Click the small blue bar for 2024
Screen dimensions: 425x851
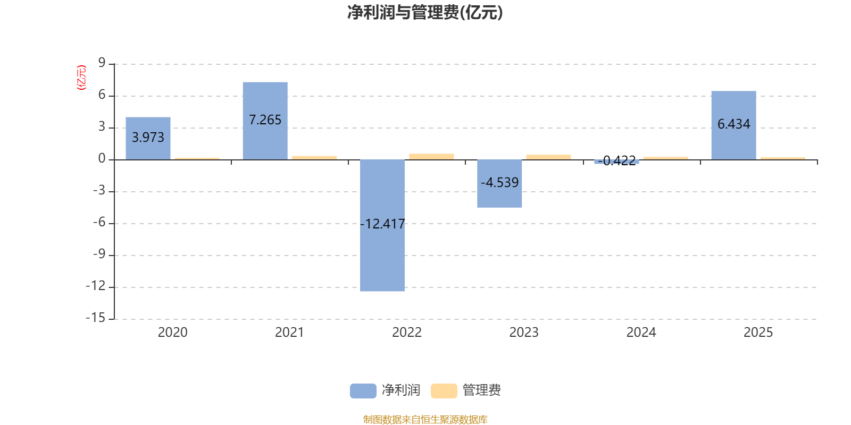point(616,161)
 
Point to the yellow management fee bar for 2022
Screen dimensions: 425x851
point(431,156)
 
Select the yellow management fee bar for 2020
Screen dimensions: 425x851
point(197,158)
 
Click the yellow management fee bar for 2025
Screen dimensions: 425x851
point(782,158)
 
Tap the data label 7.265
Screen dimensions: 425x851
point(265,120)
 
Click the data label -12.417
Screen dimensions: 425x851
point(383,224)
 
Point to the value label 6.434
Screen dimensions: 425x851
point(733,124)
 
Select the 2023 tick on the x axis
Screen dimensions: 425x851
point(524,333)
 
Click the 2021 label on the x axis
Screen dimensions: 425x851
point(289,333)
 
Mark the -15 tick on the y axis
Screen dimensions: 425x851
point(96,318)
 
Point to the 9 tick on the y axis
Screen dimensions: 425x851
point(102,63)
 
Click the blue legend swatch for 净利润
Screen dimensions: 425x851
point(363,390)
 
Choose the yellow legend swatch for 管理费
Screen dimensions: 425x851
point(444,390)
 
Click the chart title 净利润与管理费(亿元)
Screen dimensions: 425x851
point(425,12)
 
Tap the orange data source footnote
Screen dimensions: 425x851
point(425,420)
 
